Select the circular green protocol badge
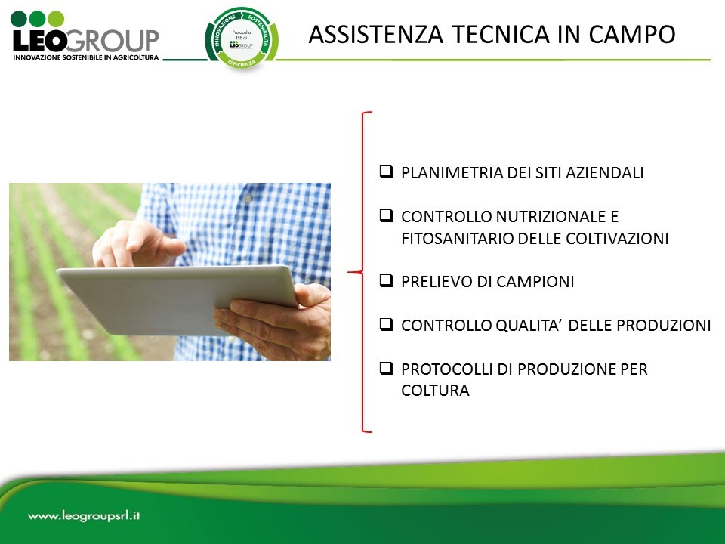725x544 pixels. coord(241,39)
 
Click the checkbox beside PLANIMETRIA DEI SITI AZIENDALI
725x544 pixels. coord(385,172)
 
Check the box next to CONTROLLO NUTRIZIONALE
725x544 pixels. coord(385,216)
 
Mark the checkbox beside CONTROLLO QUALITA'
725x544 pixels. coord(385,325)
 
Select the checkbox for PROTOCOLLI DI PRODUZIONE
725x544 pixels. coord(385,369)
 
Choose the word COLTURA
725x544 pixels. coord(435,391)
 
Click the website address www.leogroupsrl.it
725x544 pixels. coord(85,517)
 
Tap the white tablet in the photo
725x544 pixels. coord(174,298)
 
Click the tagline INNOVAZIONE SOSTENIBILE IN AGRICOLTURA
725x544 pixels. coord(85,57)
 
